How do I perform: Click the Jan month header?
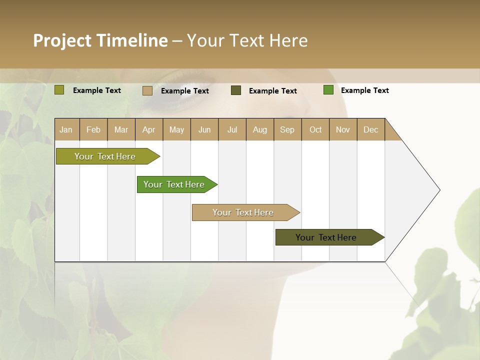(66, 129)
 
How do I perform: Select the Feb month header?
(93, 129)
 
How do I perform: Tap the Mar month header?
(121, 129)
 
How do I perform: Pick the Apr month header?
(149, 129)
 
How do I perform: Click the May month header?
(176, 129)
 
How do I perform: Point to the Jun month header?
(204, 129)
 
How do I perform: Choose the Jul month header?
(232, 129)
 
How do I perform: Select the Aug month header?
(260, 129)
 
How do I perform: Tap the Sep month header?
(287, 129)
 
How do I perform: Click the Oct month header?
(315, 129)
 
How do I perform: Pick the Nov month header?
(343, 129)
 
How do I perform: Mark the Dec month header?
(371, 129)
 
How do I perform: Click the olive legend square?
(59, 90)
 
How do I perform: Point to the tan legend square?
(147, 90)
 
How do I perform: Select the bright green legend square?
(328, 90)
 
